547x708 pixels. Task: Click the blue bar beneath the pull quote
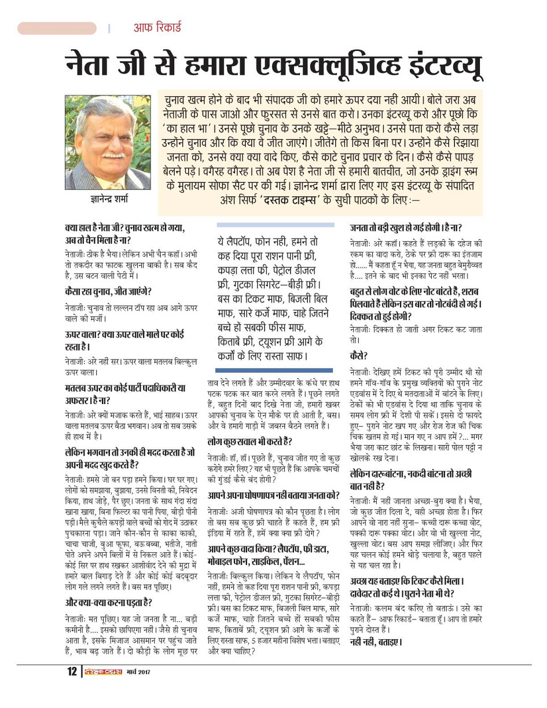[x=274, y=370]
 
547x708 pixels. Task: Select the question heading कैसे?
[x=358, y=355]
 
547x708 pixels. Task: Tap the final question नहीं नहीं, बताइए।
[x=376, y=642]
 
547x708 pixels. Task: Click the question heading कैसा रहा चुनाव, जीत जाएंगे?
[x=109, y=292]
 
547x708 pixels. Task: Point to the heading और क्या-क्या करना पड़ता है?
[x=109, y=602]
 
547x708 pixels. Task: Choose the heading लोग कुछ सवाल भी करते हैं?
[x=250, y=442]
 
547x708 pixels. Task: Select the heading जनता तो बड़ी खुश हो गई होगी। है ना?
[x=406, y=228]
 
